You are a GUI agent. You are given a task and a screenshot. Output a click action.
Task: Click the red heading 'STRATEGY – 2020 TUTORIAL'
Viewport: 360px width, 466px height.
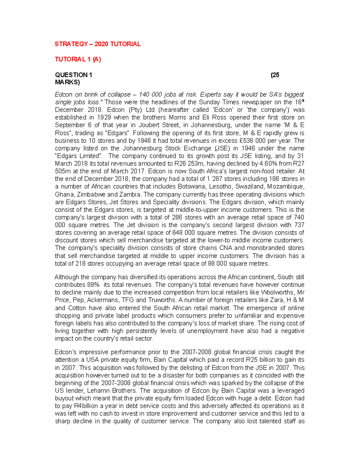click(97, 44)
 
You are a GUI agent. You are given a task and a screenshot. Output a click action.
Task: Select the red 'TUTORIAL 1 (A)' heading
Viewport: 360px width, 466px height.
click(78, 59)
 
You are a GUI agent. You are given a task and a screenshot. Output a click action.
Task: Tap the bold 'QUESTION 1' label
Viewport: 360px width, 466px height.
click(73, 75)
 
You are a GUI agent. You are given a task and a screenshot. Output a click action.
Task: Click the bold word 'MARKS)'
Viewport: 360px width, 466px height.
click(67, 82)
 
